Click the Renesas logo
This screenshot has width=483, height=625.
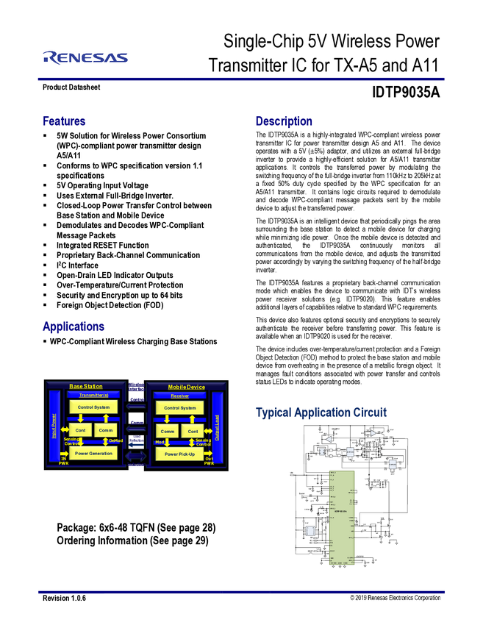[85, 57]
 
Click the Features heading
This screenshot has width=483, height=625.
[65, 121]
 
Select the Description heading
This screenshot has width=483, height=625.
[285, 121]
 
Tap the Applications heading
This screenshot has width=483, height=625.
[73, 326]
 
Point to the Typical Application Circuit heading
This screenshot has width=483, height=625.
[321, 413]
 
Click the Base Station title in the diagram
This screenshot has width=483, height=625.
[86, 386]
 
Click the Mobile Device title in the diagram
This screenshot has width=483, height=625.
[187, 387]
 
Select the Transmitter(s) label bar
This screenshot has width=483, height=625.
[93, 395]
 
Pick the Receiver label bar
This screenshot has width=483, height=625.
[179, 396]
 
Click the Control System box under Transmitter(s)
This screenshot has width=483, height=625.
[93, 407]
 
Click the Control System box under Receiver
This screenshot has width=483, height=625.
[180, 407]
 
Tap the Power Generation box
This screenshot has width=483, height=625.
[93, 454]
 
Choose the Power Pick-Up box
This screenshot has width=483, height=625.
[179, 454]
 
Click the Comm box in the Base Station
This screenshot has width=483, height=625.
[106, 430]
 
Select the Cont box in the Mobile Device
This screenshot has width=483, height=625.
[193, 431]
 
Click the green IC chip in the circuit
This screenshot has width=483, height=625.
[342, 518]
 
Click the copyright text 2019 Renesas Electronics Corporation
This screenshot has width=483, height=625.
[396, 598]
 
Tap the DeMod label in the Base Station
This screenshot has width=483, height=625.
[115, 441]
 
